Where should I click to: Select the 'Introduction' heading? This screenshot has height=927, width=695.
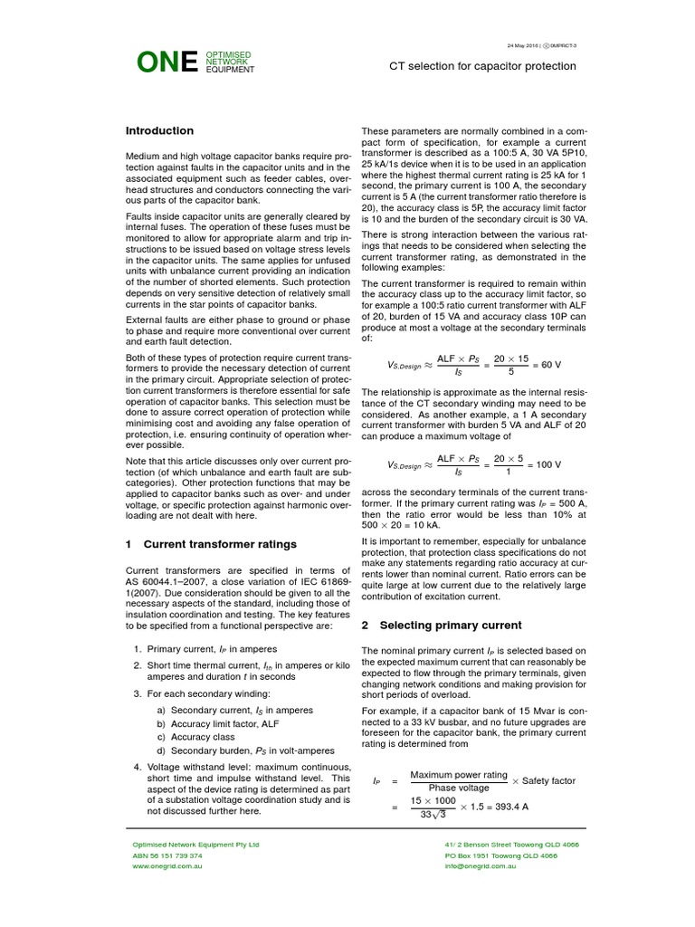(x=159, y=130)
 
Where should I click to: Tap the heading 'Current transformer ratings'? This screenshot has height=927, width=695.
(x=219, y=544)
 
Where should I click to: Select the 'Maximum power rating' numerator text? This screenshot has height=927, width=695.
(x=459, y=774)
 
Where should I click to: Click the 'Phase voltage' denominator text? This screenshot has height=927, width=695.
(x=459, y=788)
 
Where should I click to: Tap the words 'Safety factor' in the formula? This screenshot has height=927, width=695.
(x=548, y=780)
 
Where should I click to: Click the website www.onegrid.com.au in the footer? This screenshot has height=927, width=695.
(x=167, y=866)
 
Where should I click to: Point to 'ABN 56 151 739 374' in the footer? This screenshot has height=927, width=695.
(x=167, y=855)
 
